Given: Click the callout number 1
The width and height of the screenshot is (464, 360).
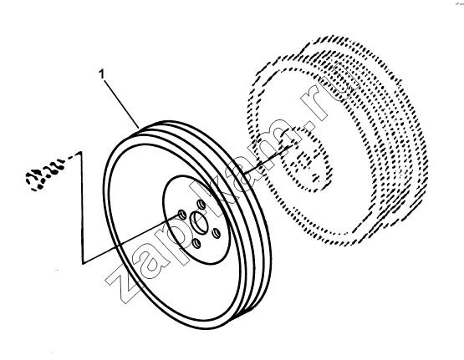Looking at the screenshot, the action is click(102, 74).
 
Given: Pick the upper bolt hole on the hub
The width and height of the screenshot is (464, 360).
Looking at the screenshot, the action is click(201, 205).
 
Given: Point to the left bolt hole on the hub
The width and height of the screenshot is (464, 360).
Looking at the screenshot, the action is click(181, 214).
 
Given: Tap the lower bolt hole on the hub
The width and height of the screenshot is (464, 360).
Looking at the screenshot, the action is click(196, 244).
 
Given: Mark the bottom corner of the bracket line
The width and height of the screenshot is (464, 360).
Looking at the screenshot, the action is click(83, 263).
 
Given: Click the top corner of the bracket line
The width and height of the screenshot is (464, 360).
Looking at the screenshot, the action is click(80, 153).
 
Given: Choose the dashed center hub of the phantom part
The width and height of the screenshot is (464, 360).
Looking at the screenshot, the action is click(305, 160).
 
